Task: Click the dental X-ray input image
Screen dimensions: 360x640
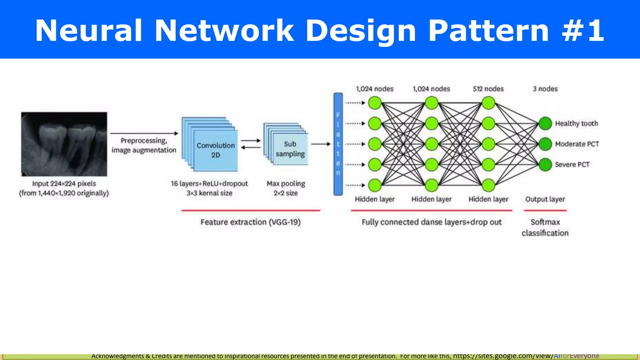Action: point(64,144)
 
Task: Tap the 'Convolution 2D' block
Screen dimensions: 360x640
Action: point(216,150)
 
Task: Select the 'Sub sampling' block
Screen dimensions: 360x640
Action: point(290,149)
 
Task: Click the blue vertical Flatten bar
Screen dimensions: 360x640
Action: point(338,144)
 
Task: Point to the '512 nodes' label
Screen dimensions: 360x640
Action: point(488,89)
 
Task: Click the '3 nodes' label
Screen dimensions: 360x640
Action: point(545,89)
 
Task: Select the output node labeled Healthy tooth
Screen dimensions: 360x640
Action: point(545,123)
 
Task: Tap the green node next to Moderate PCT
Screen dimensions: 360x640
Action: point(545,144)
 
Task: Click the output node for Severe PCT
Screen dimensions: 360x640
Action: point(545,165)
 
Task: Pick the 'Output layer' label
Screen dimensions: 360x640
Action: point(545,199)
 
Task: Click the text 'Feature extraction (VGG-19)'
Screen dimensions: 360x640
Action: point(250,222)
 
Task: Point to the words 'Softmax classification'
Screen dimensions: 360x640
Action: point(545,227)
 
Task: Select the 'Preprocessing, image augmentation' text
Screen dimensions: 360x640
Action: point(144,146)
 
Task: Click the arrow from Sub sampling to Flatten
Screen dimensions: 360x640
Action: point(321,144)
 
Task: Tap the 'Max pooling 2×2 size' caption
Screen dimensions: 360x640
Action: point(286,188)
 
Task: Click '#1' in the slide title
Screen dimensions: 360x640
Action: point(583,30)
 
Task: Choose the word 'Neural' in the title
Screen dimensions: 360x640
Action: point(89,30)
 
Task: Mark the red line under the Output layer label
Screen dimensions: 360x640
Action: point(545,211)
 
